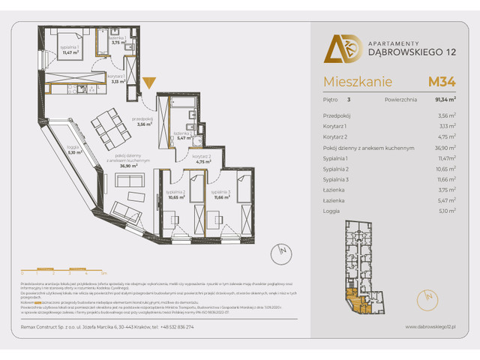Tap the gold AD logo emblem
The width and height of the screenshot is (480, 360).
(x=337, y=49)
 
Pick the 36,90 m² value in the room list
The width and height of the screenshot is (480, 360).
(x=446, y=148)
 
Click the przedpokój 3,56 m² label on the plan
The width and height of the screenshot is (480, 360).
(x=142, y=122)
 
